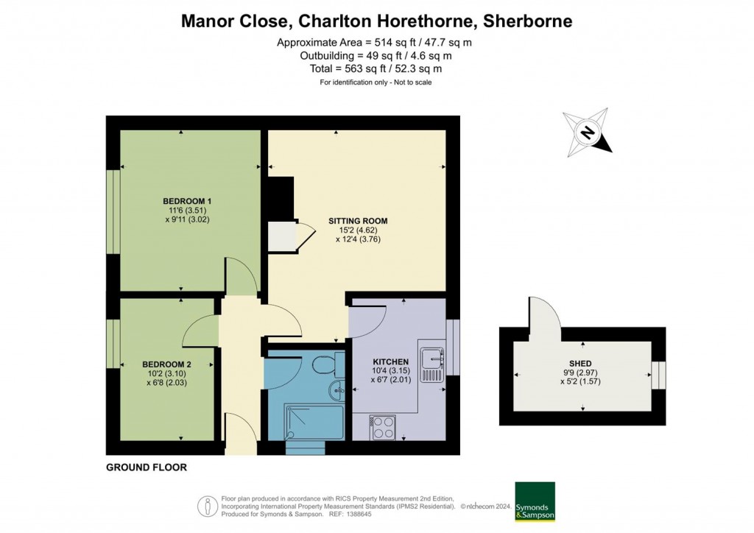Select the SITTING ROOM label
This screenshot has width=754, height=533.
358,221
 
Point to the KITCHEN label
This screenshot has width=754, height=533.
390,362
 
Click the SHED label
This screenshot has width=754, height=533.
580,363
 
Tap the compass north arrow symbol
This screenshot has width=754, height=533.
588,132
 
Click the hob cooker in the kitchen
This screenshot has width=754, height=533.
384,427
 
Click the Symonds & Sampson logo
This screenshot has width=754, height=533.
535,501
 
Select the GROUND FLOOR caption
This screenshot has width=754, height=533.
147,467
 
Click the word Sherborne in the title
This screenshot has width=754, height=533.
526,21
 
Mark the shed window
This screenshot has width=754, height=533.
657,375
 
